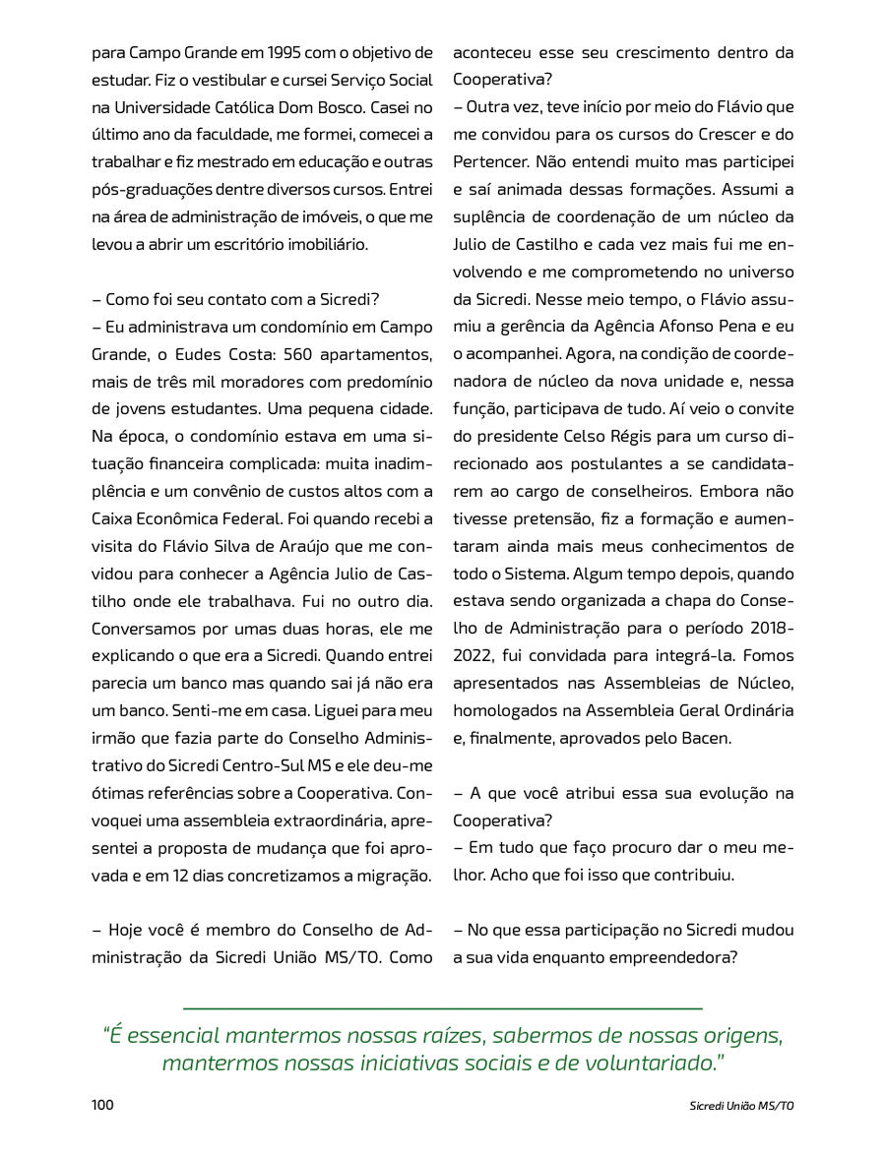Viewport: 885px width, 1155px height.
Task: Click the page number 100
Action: click(102, 1105)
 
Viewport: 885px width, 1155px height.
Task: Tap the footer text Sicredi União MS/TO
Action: click(741, 1106)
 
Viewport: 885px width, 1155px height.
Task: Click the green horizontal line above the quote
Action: click(442, 1008)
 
